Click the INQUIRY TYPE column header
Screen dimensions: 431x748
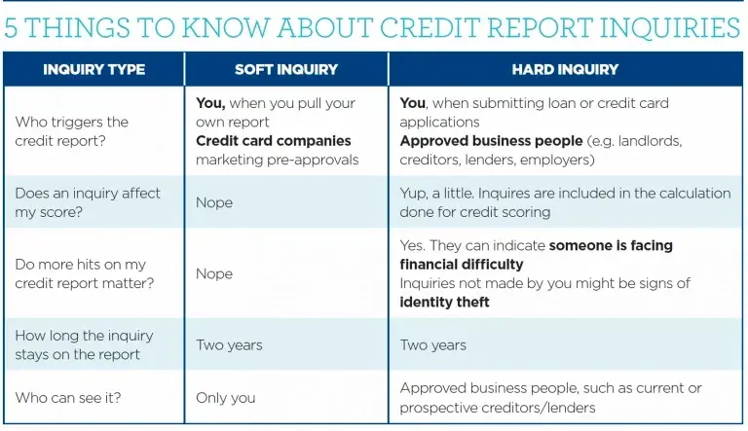(x=93, y=70)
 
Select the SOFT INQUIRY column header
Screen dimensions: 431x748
(x=286, y=70)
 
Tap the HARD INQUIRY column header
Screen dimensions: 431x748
(x=565, y=70)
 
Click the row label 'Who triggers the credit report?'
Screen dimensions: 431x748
(x=71, y=131)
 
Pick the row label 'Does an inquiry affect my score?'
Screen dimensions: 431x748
(x=87, y=202)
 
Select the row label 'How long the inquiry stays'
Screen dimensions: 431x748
(x=84, y=344)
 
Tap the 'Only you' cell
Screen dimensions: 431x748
(x=225, y=397)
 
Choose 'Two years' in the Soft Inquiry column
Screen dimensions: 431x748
(x=229, y=344)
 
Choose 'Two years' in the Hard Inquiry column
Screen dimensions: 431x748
(x=432, y=344)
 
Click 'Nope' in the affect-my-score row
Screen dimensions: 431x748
(x=214, y=202)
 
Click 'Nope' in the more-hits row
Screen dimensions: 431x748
(x=214, y=273)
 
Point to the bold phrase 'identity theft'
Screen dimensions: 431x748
(x=444, y=302)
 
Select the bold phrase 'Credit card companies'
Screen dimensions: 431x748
(x=273, y=141)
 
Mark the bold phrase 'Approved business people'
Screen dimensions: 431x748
(x=491, y=141)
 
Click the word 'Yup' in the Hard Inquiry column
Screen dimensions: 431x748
(x=414, y=193)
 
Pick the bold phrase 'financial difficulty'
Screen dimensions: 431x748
(x=461, y=264)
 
